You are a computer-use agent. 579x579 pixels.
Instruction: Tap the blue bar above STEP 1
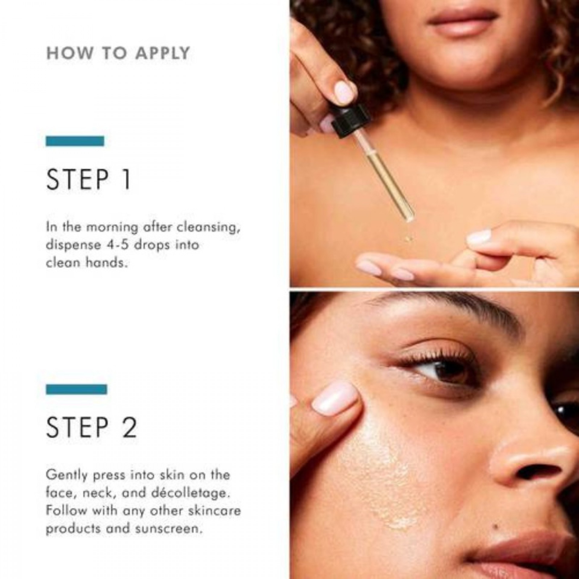point(75,141)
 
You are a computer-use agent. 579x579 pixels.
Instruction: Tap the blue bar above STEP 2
point(76,389)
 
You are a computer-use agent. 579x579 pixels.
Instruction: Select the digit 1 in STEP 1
point(127,180)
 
